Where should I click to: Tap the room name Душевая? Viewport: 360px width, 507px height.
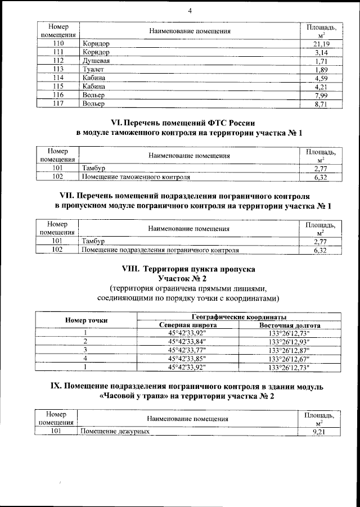(96, 61)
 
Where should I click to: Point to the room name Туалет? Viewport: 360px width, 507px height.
(93, 69)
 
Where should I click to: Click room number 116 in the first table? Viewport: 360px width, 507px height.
(57, 96)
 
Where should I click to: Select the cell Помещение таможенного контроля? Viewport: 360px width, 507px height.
(136, 177)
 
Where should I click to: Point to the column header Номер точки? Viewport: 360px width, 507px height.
(87, 320)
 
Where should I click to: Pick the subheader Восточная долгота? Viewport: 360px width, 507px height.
(289, 325)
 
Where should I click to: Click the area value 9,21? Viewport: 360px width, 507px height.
(319, 432)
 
